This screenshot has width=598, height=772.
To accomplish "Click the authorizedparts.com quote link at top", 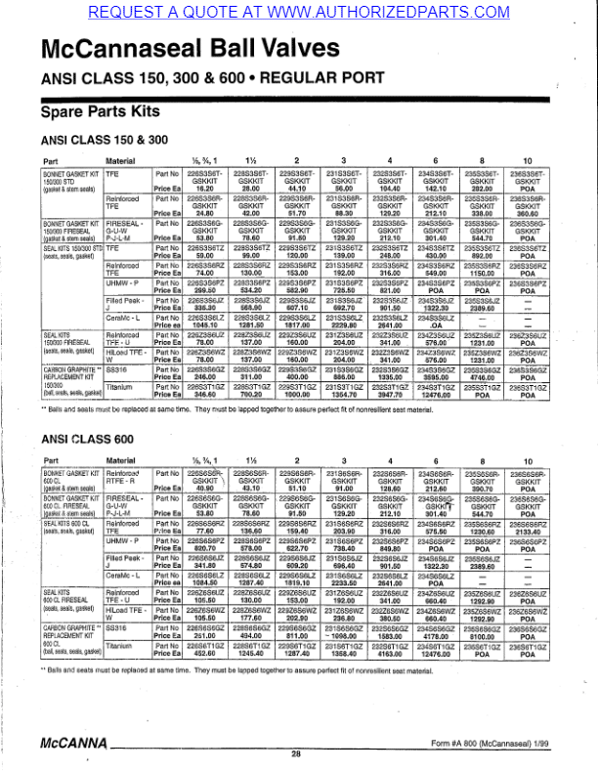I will click(x=298, y=11).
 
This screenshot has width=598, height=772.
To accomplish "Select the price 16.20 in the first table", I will click(x=204, y=187).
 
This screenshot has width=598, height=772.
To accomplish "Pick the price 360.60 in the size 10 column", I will click(x=530, y=213).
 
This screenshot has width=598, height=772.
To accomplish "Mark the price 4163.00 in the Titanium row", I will click(x=390, y=680).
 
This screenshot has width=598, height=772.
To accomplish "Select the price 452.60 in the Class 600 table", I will click(x=204, y=680).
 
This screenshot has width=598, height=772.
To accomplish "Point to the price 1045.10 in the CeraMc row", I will click(x=204, y=326).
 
